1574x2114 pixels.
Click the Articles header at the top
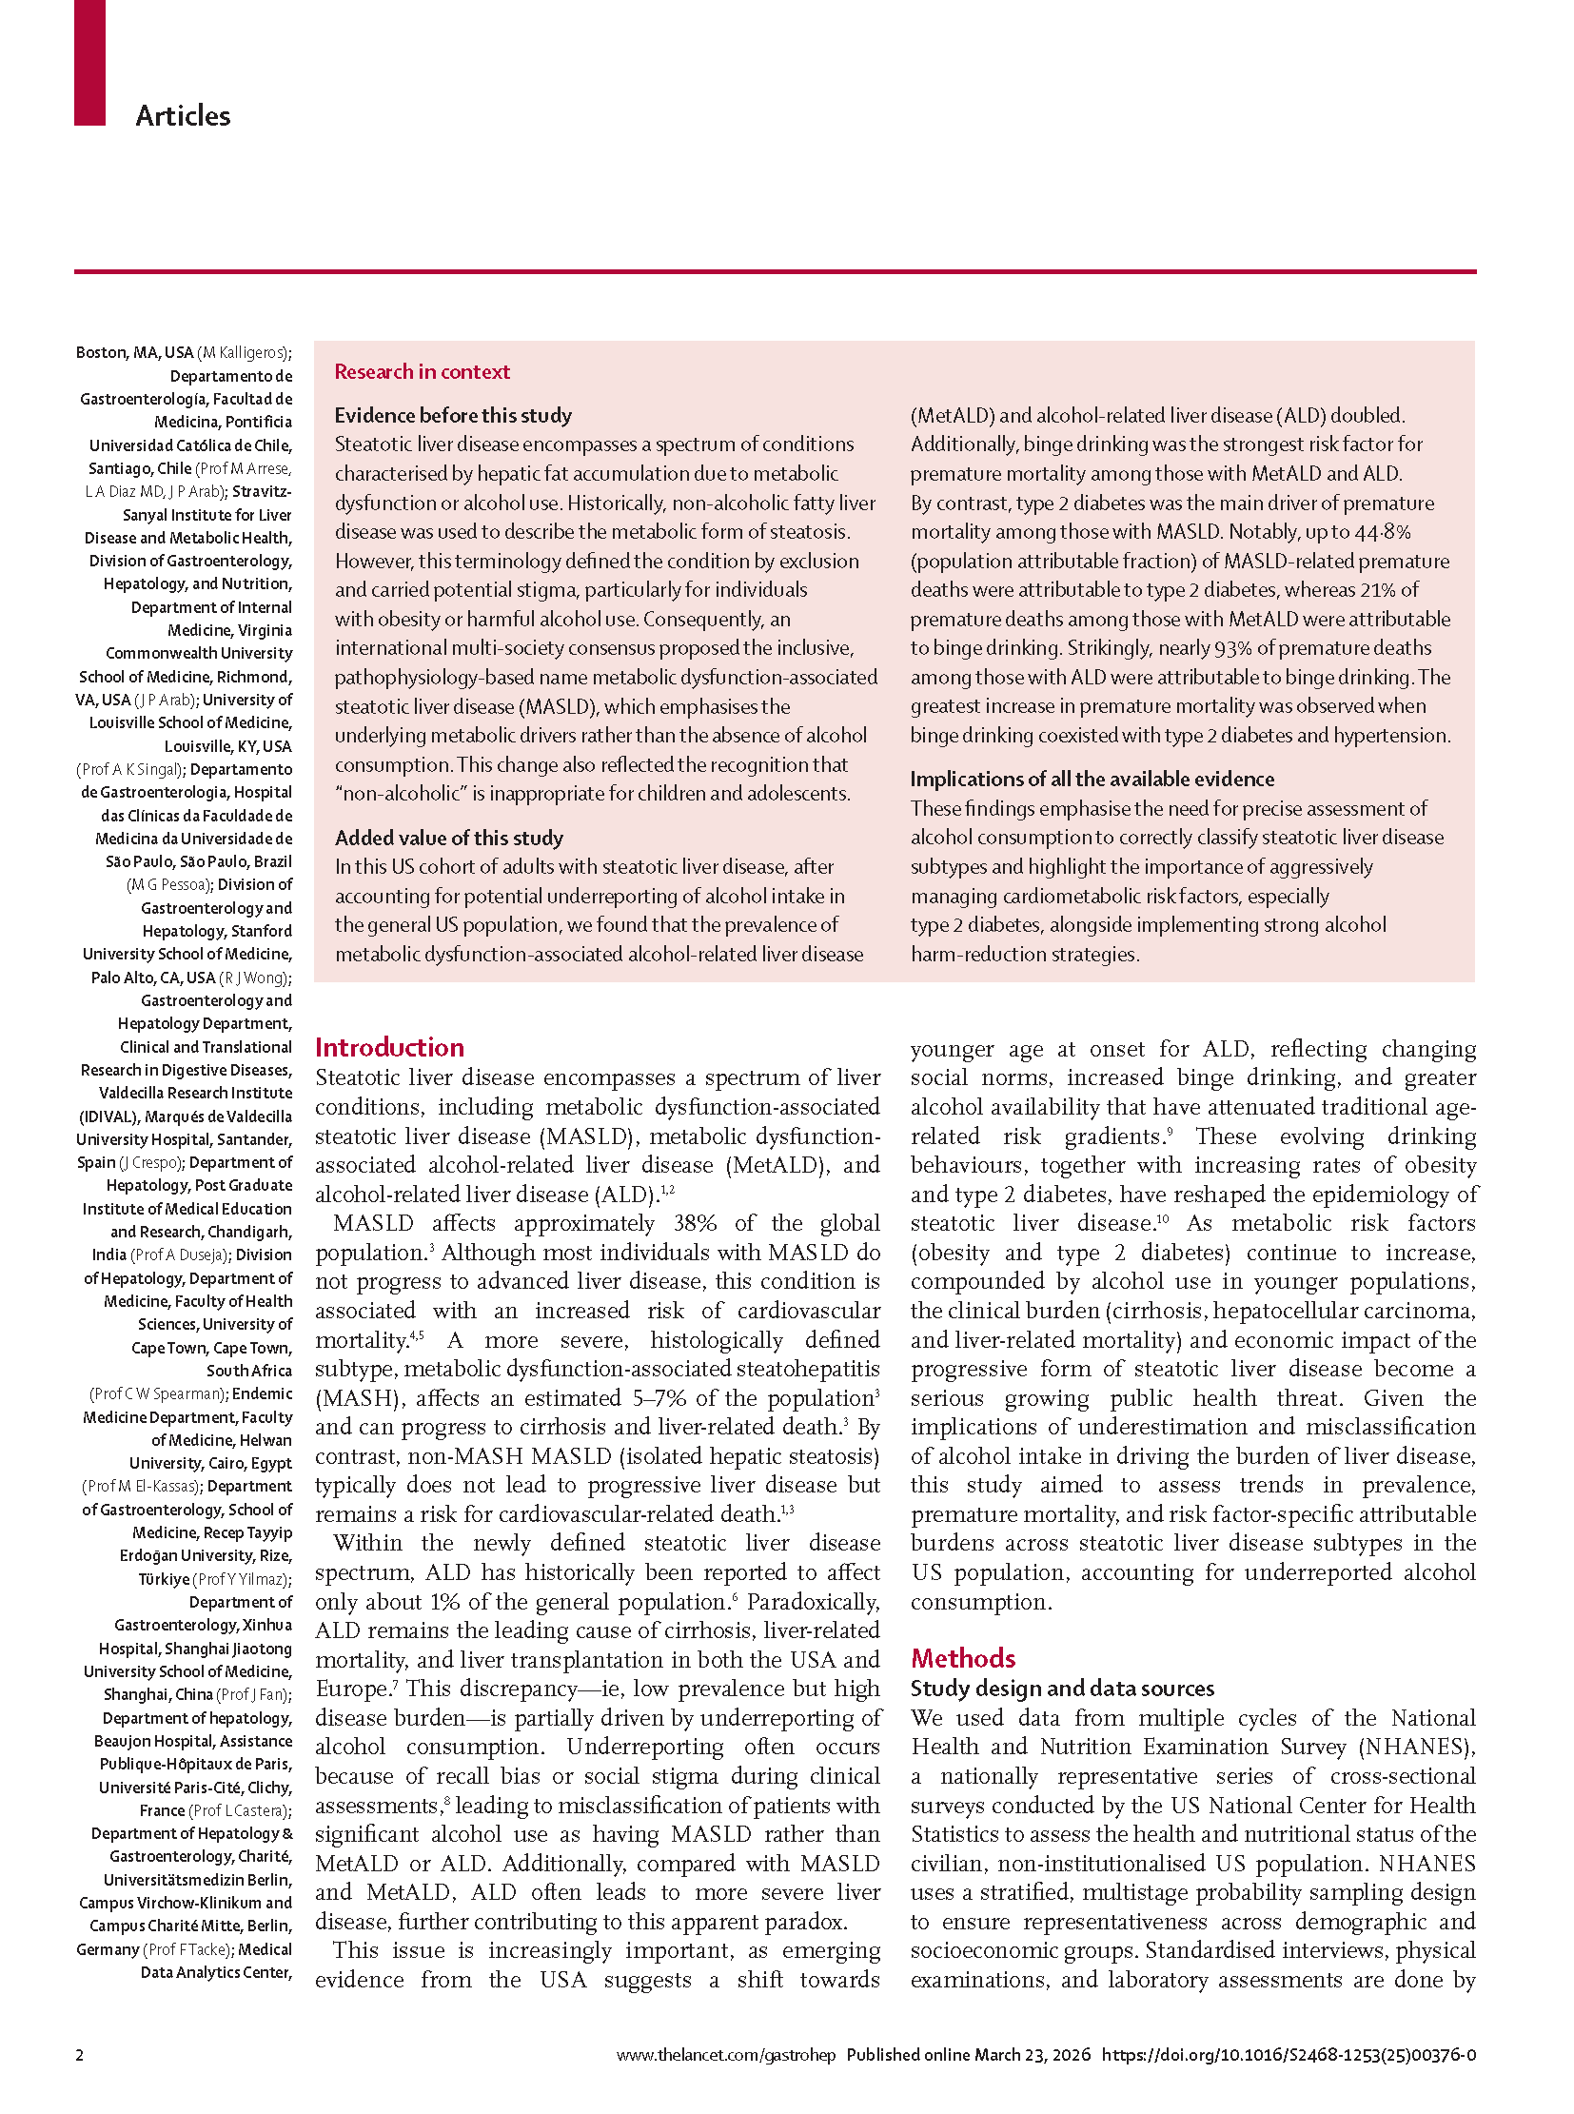(183, 116)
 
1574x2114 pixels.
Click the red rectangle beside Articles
(89, 62)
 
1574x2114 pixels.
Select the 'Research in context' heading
(423, 372)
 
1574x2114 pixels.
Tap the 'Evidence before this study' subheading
(453, 415)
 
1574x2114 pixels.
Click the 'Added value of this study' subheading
(449, 838)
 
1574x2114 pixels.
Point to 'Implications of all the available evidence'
(1092, 779)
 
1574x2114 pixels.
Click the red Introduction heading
(389, 1047)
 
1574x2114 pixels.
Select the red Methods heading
(962, 1657)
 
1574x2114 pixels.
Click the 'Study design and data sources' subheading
(1061, 1688)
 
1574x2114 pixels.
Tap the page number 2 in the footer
(80, 2054)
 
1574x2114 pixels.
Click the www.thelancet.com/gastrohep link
(725, 2054)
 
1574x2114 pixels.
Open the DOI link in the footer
(1289, 2054)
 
